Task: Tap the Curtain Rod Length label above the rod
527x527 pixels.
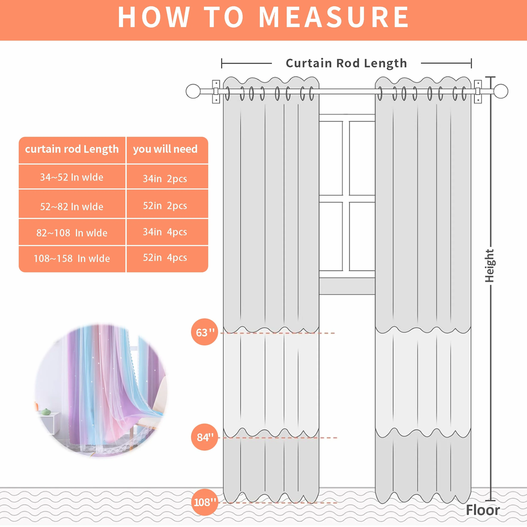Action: pos(346,63)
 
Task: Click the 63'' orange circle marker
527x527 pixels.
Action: pos(205,332)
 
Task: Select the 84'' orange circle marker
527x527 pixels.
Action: pos(205,437)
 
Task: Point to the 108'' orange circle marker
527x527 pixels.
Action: pos(205,502)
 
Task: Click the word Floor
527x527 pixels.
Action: pos(483,510)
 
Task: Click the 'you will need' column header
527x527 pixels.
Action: pos(167,150)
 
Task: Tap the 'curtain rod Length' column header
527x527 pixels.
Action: pos(72,150)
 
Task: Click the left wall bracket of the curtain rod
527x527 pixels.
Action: pos(216,92)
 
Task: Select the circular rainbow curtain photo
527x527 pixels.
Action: pos(101,390)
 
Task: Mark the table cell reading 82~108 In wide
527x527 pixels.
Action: pos(72,232)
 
